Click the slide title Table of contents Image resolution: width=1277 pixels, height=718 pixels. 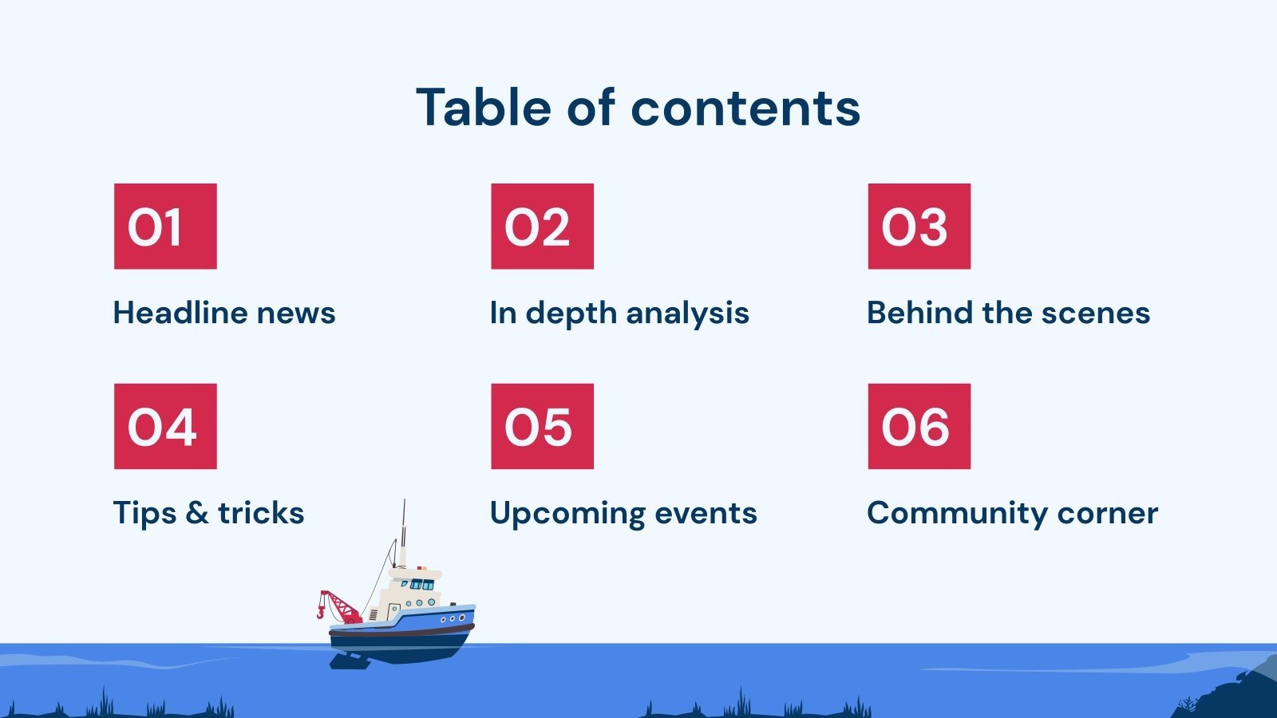(x=638, y=108)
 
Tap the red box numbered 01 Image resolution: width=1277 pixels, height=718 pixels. (x=165, y=227)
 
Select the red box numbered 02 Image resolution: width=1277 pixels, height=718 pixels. (x=542, y=227)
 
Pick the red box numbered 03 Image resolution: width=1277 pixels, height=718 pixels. (x=919, y=227)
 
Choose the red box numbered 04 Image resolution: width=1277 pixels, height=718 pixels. (x=165, y=426)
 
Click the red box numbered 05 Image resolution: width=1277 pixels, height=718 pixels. (x=542, y=426)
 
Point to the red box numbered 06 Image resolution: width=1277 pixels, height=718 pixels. (x=919, y=426)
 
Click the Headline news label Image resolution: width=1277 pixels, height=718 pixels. (x=224, y=313)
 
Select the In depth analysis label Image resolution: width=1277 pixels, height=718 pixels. (x=619, y=314)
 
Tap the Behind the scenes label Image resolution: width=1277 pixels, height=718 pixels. (x=1008, y=313)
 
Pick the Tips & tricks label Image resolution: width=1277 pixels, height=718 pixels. (x=208, y=513)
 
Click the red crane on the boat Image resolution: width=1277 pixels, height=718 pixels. (x=339, y=606)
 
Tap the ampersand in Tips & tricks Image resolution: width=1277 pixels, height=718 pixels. (x=196, y=513)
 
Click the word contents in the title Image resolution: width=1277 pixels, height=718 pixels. (x=745, y=108)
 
